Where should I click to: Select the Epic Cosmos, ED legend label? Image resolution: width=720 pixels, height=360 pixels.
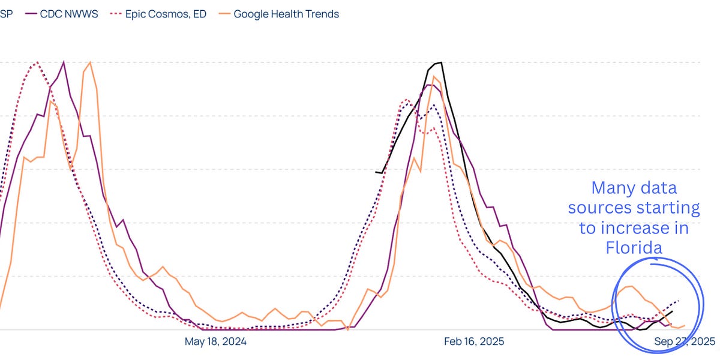[x=165, y=13]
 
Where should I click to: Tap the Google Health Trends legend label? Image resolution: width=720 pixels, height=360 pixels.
[x=286, y=13]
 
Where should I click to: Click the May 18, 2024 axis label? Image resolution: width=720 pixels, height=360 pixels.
[x=215, y=341]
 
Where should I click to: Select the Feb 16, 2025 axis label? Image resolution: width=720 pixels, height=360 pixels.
[x=474, y=341]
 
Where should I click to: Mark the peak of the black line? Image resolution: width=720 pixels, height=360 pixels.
[x=441, y=62]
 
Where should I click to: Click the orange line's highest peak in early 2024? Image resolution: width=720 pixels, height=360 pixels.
[x=90, y=62]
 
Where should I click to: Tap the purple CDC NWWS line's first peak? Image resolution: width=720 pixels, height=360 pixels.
[x=64, y=62]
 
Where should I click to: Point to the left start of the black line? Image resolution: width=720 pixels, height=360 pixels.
[x=376, y=172]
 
